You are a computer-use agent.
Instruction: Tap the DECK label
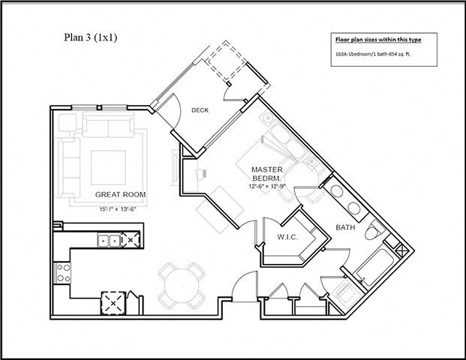pos(200,110)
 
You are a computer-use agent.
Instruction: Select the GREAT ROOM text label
pos(120,194)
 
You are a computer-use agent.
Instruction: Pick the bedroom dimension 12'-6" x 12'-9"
pos(266,187)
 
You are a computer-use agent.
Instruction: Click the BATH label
pos(345,226)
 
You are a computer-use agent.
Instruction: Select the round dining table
pos(182,286)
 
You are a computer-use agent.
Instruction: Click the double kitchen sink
pos(108,241)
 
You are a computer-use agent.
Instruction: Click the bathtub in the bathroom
pos(371,267)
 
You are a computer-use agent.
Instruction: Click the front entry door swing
pos(242,286)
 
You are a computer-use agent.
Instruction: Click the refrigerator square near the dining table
pos(114,302)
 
